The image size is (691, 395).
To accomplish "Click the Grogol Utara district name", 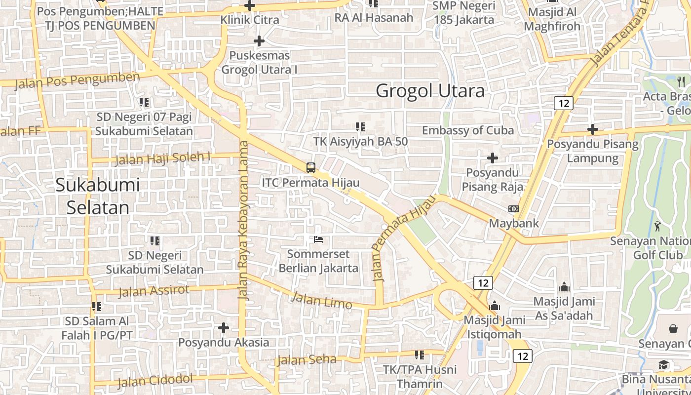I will coord(430,91).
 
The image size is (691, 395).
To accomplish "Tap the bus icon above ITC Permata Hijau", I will coord(310,167).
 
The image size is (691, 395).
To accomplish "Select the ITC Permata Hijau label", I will coord(310,182).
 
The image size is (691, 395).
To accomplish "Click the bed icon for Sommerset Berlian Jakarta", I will coord(318,240).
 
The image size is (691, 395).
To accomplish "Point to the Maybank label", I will coord(514,223).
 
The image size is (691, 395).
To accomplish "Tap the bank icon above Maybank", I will coord(514,209).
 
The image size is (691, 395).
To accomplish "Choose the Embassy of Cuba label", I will coord(468,130).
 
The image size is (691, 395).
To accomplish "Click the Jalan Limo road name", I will coord(321,300).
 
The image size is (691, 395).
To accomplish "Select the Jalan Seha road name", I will coord(307,359).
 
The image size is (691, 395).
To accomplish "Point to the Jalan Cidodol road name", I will coord(155,381).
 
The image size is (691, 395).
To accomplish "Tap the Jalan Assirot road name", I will coord(154,291).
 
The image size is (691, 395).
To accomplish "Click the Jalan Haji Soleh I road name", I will coord(162,158).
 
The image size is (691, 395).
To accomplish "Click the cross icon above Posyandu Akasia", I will coord(224,328).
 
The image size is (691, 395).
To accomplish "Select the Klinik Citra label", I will coord(250,20).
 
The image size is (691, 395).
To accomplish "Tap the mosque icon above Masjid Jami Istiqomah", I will coord(495,306).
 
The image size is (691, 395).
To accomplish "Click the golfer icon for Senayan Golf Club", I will coord(657,227).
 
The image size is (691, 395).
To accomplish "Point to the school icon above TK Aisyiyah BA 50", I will coord(360,127).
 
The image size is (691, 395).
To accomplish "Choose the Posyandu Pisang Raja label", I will coord(492,180).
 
